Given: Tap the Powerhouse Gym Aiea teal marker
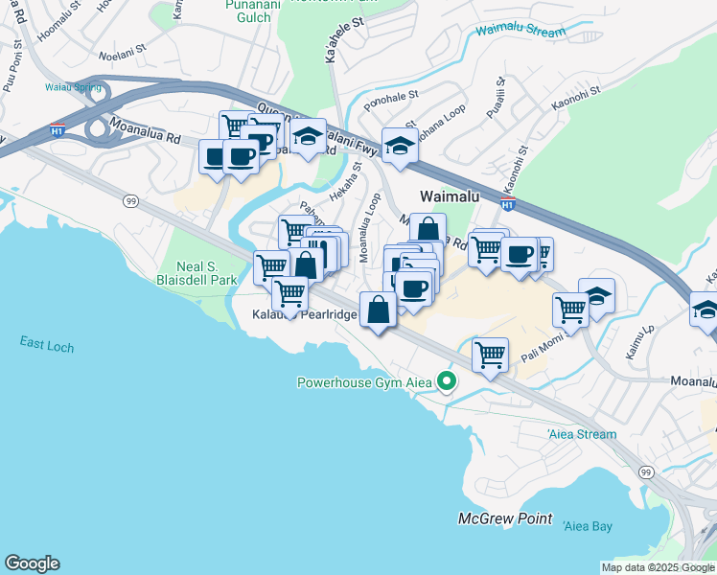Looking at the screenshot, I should pos(446,382).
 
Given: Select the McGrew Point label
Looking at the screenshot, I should pos(504,518).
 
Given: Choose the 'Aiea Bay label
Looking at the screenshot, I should pos(588,525).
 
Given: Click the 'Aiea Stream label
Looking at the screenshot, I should pos(582,434).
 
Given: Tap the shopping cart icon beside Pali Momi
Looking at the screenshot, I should pos(570,310).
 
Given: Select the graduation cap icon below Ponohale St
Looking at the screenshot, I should pos(400,146).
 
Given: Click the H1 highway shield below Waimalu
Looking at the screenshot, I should pos(508,204).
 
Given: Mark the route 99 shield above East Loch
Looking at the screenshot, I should pos(129,200).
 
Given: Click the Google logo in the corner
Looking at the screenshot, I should pos(32,563).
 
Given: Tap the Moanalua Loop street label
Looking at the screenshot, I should pos(365,228).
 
